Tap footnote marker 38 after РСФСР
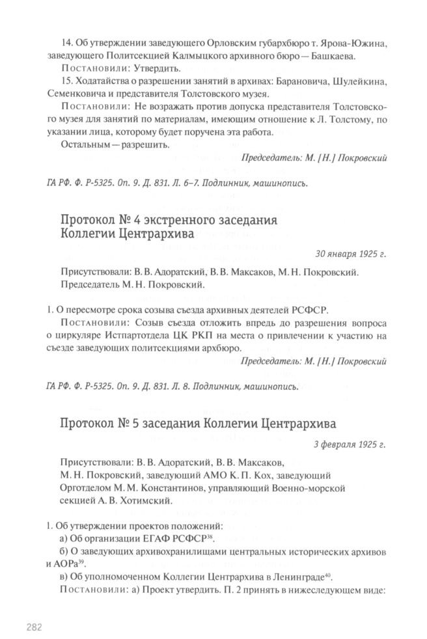click(211, 536)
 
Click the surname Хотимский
click(145, 500)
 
